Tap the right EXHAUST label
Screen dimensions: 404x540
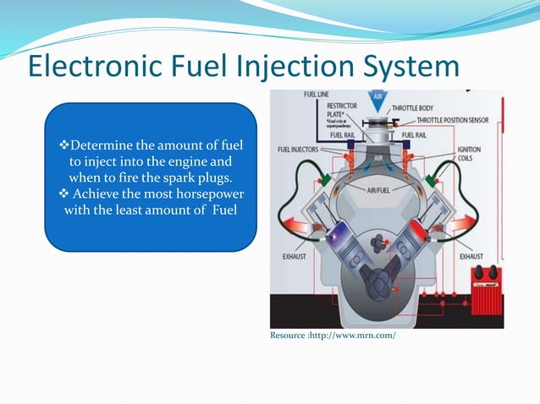pos(471,254)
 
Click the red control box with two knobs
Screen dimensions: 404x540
pos(485,283)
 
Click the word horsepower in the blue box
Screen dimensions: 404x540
pos(197,194)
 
